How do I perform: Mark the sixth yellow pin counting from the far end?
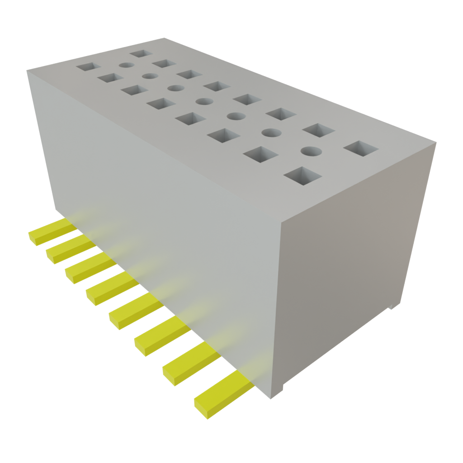tap(154, 334)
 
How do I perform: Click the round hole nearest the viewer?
tap(311, 151)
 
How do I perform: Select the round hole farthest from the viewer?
tap(127, 65)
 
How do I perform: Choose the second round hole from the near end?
tap(271, 132)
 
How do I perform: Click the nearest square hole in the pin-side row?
tap(302, 176)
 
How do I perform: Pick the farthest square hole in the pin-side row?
tap(88, 67)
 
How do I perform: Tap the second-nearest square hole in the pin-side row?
tap(261, 154)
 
